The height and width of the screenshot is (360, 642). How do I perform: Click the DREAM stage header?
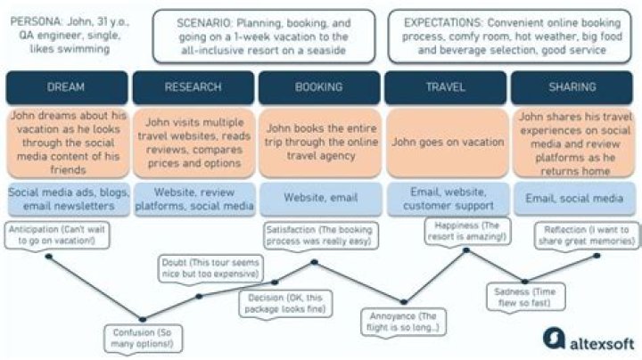(68, 87)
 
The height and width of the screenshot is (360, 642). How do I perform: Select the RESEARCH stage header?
(193, 87)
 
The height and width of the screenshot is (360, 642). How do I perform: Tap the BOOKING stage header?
(319, 87)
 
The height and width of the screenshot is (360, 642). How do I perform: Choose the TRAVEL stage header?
(446, 87)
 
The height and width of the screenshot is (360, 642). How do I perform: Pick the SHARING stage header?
(572, 87)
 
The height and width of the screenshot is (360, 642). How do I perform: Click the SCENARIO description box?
(262, 37)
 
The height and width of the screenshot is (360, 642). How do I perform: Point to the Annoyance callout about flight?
(403, 322)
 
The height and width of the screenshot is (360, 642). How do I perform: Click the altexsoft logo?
(588, 340)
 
